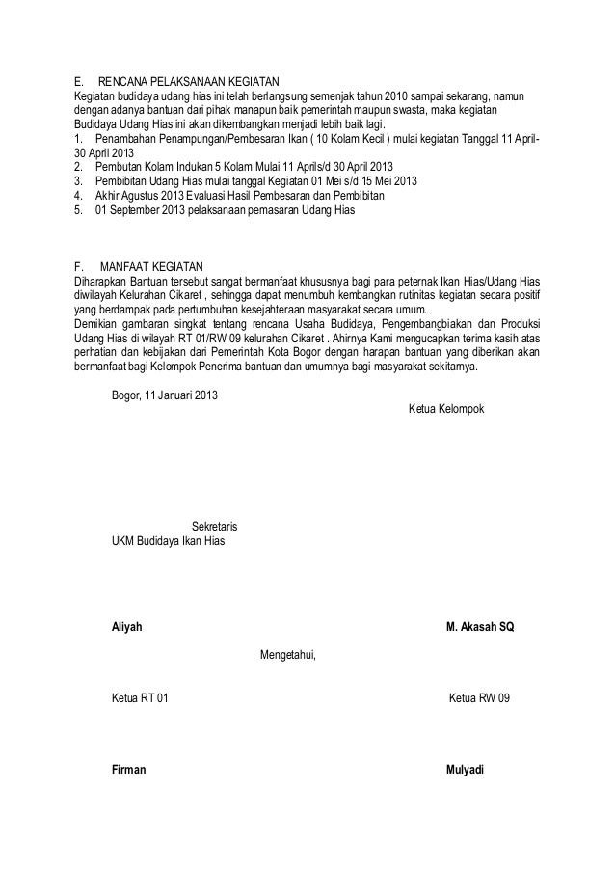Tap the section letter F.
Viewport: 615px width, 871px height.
click(79, 265)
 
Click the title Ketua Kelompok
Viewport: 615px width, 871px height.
click(448, 410)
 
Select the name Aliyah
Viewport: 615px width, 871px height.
click(127, 627)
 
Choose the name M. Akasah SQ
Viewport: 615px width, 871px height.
click(480, 627)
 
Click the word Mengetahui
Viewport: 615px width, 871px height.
click(288, 657)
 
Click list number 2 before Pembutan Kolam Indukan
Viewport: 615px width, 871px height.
click(78, 166)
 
